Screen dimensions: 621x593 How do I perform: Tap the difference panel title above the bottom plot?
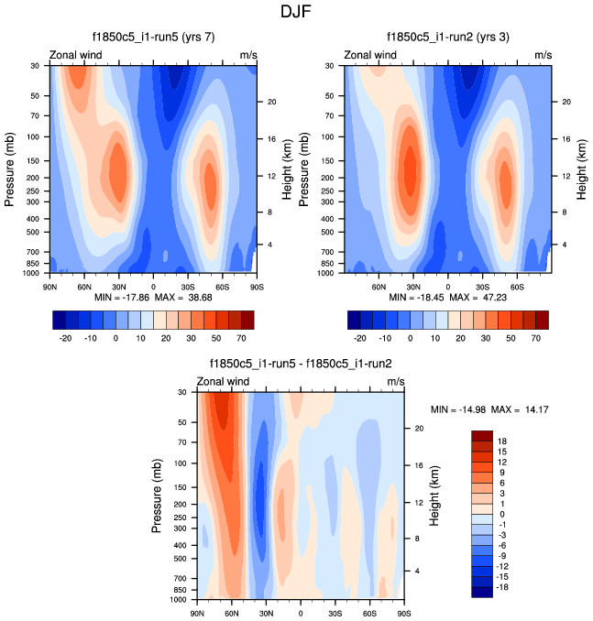pos(301,364)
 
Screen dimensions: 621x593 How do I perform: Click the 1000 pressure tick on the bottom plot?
pos(180,599)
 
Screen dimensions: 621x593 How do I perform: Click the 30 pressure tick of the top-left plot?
pos(34,66)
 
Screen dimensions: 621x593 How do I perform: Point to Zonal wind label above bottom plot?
pos(224,381)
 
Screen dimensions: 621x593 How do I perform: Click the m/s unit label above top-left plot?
pos(247,55)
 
